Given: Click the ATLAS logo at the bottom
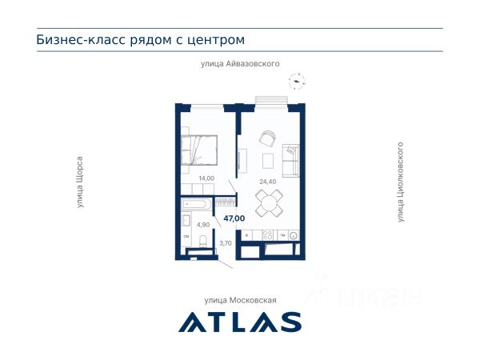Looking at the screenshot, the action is (240, 322).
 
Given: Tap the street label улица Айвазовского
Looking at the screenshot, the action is (240, 64).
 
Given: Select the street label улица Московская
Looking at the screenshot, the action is (240, 300).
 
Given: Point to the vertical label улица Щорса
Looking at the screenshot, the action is (79, 182).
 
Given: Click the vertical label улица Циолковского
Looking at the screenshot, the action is (400, 182).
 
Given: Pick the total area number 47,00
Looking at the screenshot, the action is (234, 218).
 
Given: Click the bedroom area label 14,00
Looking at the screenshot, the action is (206, 178).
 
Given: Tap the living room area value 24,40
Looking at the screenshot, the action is (268, 182).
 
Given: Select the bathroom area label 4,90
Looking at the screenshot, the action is (203, 225).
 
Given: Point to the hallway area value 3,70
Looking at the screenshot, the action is (226, 243).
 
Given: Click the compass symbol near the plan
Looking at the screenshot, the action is (297, 81).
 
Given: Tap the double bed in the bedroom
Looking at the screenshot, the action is (199, 150).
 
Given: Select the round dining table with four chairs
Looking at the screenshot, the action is (269, 203).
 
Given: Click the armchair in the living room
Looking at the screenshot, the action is (268, 138).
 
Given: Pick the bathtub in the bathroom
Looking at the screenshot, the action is (196, 204).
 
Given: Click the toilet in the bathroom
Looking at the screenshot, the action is (203, 242).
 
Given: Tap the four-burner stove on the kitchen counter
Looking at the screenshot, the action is (267, 234).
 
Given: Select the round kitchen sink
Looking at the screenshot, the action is (294, 235).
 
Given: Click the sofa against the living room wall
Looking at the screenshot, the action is (290, 160).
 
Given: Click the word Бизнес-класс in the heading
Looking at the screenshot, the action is (81, 40).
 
